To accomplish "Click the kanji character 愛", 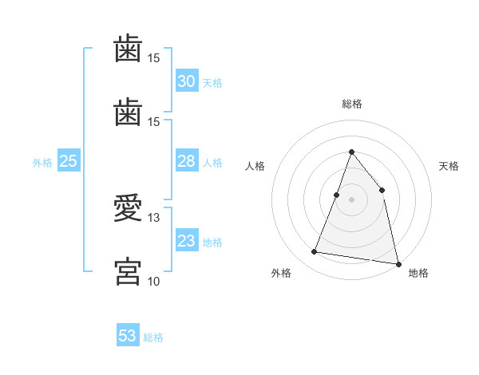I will pos(128,209).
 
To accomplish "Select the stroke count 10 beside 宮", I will pos(153,281).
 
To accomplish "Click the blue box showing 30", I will pos(186,81).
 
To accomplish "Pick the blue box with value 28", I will pos(186,161).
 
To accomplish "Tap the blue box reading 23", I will pos(186,241).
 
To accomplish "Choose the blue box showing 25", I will pos(68,161).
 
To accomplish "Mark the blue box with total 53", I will pos(127,336).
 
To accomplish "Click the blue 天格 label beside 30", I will pos(212,83).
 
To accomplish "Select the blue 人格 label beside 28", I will pos(212,163).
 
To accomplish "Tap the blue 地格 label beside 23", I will pos(212,243).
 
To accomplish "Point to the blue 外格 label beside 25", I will pos(42,163).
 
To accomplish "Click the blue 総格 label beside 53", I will pos(153,337).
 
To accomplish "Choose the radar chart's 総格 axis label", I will pos(351,104).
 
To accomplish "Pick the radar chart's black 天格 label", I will pos(449,166).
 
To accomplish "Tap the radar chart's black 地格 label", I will pos(418,274).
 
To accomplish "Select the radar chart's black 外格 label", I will pos(281,274).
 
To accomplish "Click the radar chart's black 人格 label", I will pos(255,166).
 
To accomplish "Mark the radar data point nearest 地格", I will pos(398,262).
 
